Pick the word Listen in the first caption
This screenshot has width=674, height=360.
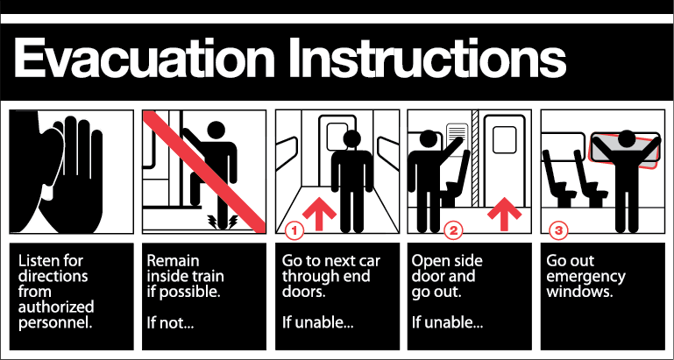click(39, 261)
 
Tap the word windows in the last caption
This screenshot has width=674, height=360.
click(575, 291)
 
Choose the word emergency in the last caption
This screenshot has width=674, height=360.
click(585, 277)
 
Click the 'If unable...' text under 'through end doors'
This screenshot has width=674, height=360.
click(317, 321)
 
